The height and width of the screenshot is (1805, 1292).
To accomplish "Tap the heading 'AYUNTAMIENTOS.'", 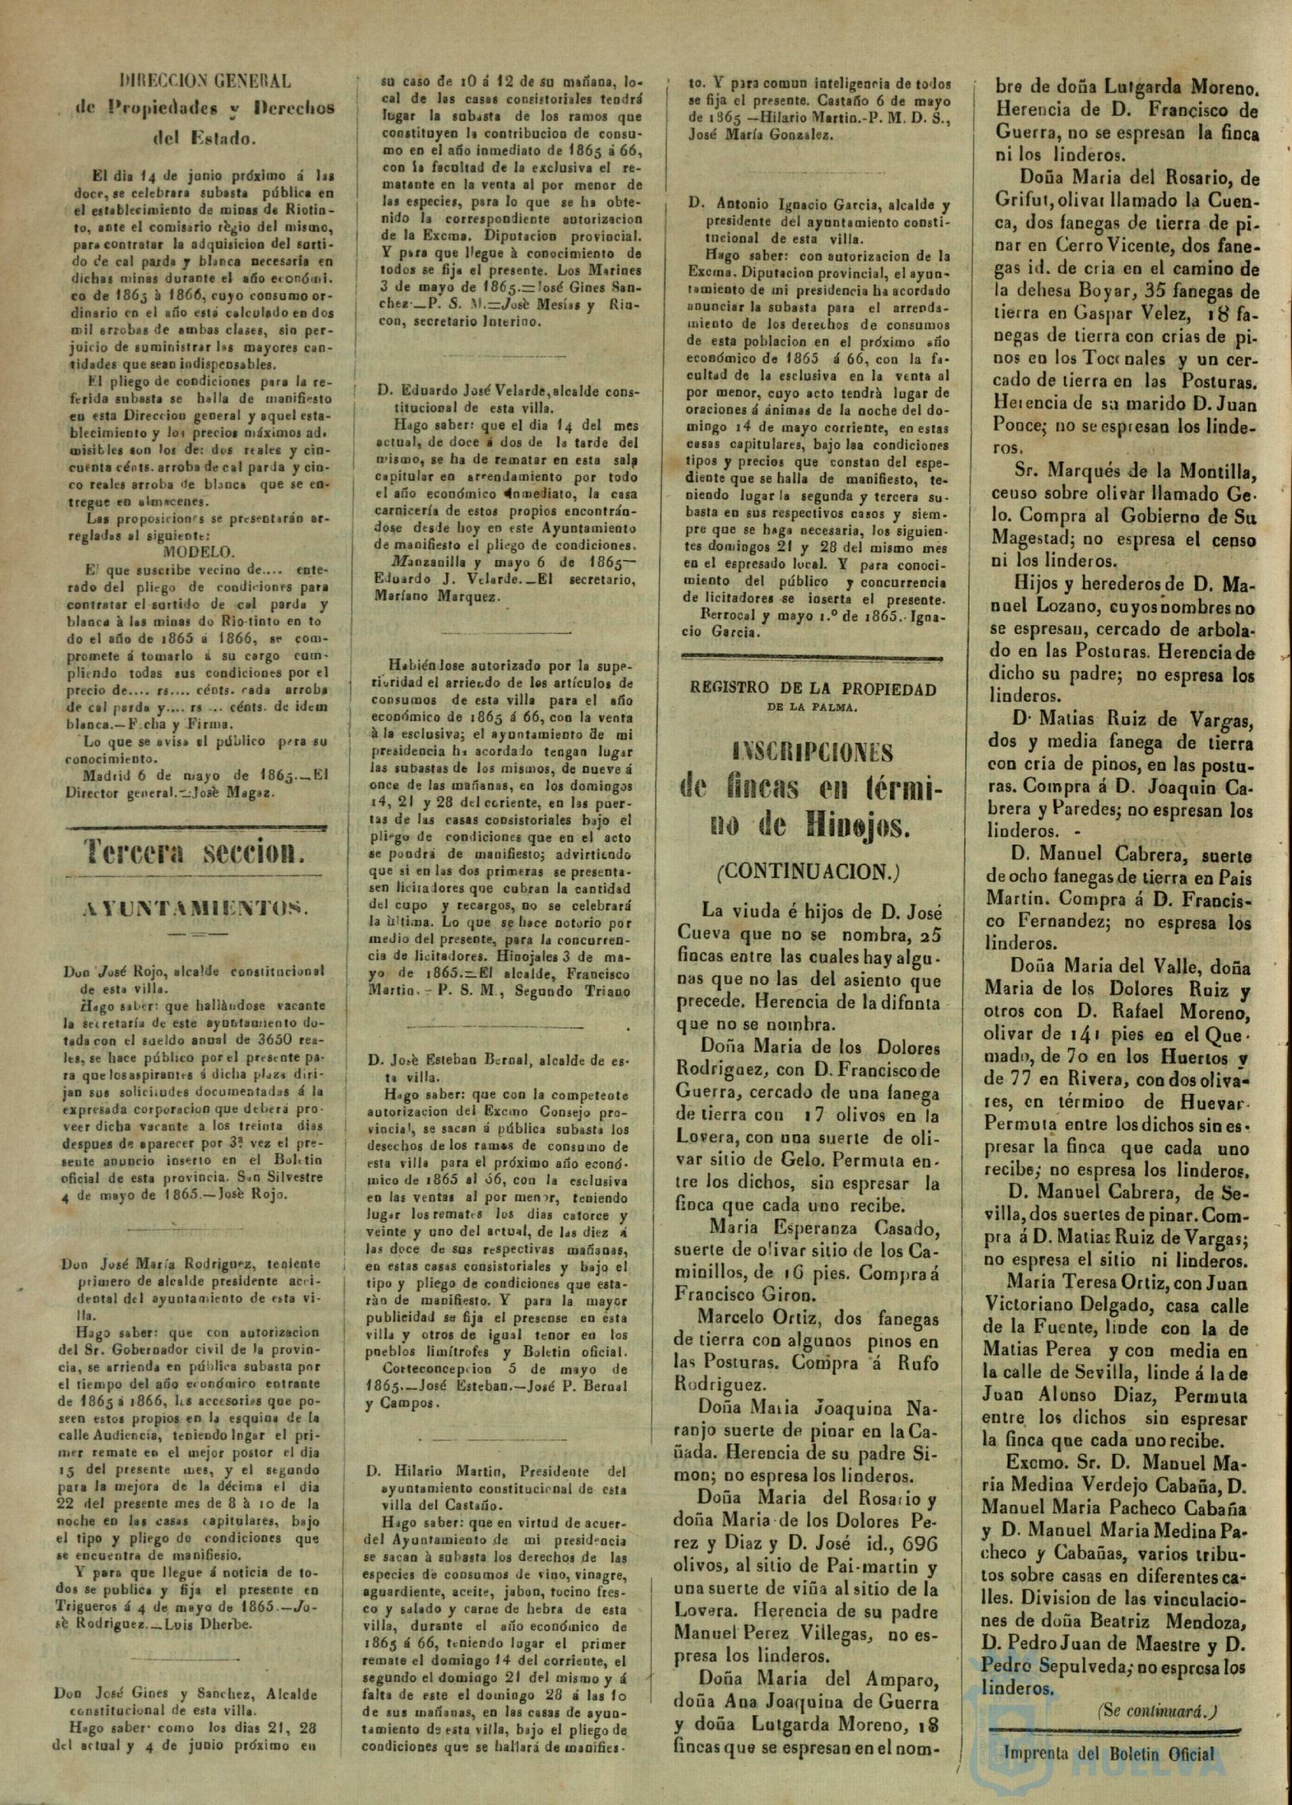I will click(195, 907).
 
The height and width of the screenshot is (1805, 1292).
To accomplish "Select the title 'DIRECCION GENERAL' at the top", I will click(205, 80).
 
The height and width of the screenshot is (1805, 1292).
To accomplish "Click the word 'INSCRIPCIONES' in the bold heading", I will click(812, 752).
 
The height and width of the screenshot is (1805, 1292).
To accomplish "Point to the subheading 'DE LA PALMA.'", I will click(812, 706).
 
